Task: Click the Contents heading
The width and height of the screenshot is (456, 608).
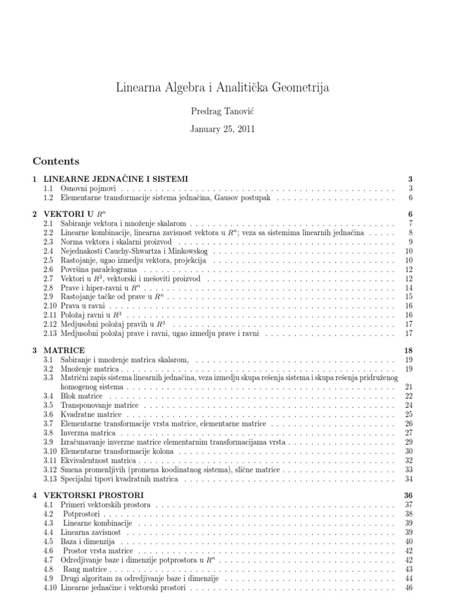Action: pyautogui.click(x=56, y=161)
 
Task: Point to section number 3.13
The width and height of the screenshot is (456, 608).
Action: pyautogui.click(x=50, y=479)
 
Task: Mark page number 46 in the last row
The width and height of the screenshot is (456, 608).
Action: pyautogui.click(x=408, y=588)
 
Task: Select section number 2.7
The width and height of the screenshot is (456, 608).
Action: pyautogui.click(x=49, y=278)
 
